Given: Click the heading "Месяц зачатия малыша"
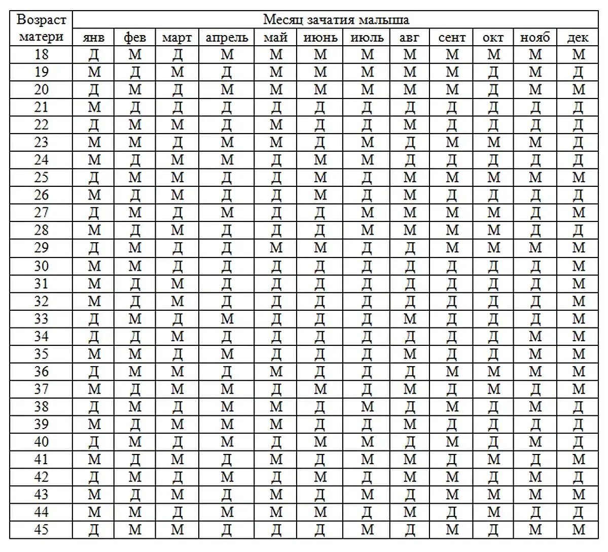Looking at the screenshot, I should (x=336, y=20).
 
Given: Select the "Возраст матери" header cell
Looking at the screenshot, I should (x=41, y=28).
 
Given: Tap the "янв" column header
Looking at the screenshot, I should (x=94, y=37).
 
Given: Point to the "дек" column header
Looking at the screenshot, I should (x=578, y=37).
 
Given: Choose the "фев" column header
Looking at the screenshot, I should (x=135, y=37).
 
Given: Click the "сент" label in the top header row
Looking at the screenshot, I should (x=452, y=37).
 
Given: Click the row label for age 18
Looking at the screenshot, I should (x=41, y=54).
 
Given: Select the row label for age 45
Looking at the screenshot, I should (x=41, y=530).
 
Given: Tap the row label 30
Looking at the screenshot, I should (x=41, y=266).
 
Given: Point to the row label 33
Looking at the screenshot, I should (x=41, y=318).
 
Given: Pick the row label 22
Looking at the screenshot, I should (x=41, y=124).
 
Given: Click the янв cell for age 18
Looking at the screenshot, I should (x=94, y=54).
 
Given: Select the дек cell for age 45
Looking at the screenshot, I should (x=578, y=530).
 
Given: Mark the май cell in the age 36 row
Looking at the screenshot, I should (x=276, y=371).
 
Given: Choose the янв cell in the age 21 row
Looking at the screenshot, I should (x=94, y=107).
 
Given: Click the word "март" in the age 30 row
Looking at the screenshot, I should (x=177, y=266).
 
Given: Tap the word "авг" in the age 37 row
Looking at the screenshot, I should (x=410, y=389).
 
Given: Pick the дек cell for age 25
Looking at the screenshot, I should (x=578, y=177).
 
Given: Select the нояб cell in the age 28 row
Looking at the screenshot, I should (x=535, y=230).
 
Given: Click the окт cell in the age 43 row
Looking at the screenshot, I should (x=493, y=494).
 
